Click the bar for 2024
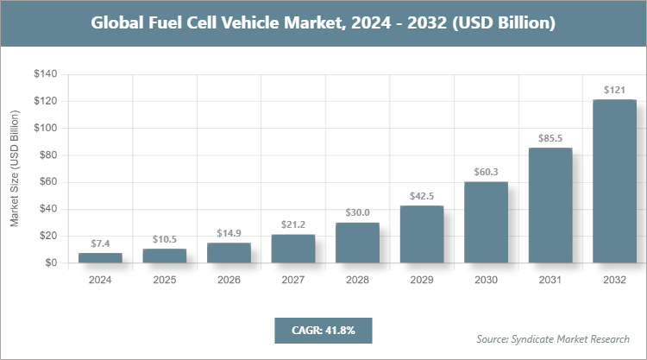(99, 257)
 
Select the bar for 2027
(292, 249)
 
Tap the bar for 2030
(486, 222)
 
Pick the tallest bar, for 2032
(614, 181)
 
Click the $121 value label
(614, 90)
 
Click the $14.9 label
(228, 232)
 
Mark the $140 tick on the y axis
(45, 75)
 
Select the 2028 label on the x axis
(357, 281)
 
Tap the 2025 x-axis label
(164, 281)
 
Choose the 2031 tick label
(550, 281)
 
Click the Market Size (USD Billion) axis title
(14, 168)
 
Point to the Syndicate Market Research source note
(552, 338)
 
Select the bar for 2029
(421, 234)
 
